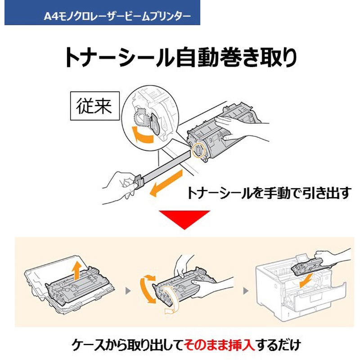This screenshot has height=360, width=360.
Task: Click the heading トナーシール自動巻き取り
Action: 180,58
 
